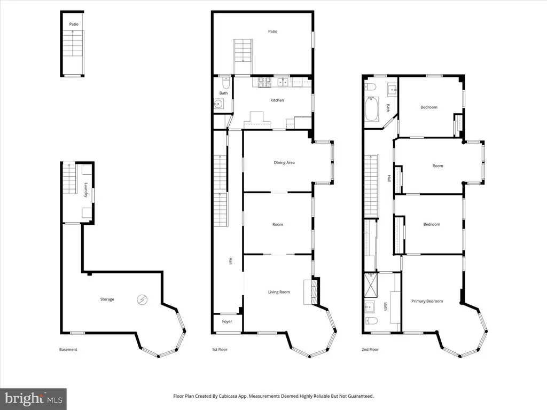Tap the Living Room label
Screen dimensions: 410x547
[x=279, y=292]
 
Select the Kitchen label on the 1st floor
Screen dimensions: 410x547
[x=277, y=100]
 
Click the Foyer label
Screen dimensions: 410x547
[x=227, y=322]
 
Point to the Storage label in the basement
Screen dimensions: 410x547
[x=107, y=299]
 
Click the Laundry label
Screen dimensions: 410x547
[x=85, y=190]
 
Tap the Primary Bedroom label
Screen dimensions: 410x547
[x=427, y=301]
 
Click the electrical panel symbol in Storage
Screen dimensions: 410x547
[x=142, y=299]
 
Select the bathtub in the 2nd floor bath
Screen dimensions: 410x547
[x=372, y=110]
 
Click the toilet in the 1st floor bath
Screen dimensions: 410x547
[x=226, y=84]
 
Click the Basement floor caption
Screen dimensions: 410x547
[x=68, y=350]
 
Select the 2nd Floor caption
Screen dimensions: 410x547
[x=370, y=350]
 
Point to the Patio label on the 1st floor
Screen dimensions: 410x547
[x=272, y=31]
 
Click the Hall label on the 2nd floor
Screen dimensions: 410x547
[x=389, y=179]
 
